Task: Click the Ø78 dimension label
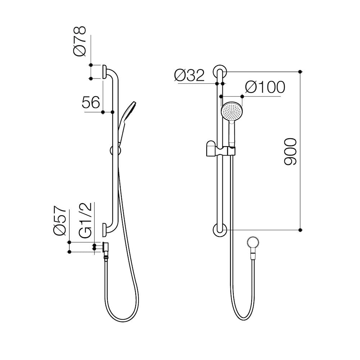(80, 41)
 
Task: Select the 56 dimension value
(90, 103)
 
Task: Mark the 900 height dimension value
(290, 151)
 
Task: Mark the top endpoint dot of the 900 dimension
(301, 71)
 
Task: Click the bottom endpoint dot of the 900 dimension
(301, 230)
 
